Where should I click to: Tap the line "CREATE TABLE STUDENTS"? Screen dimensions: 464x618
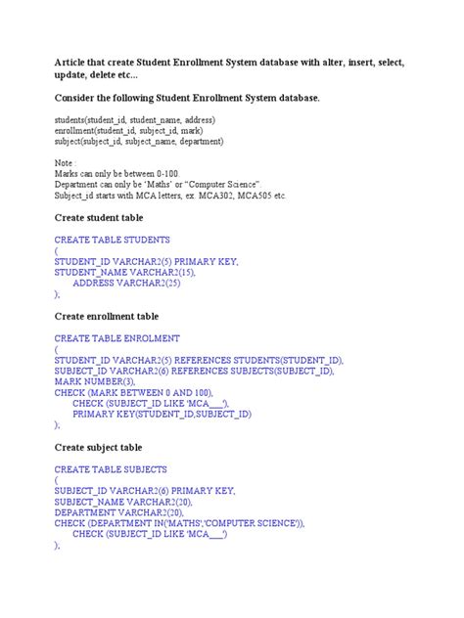[113, 240]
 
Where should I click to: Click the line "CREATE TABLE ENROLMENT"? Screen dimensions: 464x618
[117, 338]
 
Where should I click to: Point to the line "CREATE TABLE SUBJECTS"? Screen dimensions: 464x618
[111, 469]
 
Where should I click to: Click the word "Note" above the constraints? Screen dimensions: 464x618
[66, 162]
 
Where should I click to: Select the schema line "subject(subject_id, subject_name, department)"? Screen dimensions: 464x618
[139, 141]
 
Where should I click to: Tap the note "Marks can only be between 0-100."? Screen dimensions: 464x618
[110, 173]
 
